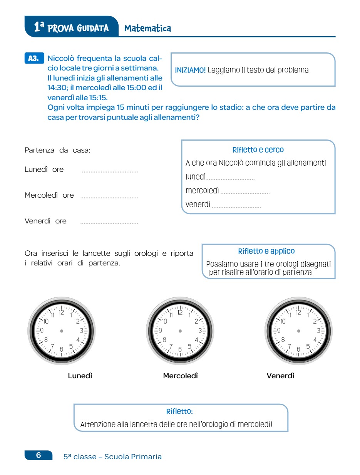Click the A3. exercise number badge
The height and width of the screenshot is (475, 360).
coord(33,59)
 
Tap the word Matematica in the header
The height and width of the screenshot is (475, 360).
coord(147,28)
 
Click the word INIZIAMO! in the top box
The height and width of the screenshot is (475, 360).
coord(190,70)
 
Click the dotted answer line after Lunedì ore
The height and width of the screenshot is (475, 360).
coord(109,171)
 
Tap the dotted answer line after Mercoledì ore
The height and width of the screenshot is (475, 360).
coord(109,197)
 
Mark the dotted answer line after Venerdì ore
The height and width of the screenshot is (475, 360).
coord(109,223)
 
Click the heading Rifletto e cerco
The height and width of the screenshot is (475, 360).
coord(258,150)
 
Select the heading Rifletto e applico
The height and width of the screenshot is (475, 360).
coord(266,251)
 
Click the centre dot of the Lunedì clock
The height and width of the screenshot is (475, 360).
coord(62,331)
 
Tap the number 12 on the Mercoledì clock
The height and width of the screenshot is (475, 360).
coord(180,312)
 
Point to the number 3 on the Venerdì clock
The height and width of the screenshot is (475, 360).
coord(318,331)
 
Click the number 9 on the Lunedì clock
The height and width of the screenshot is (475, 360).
coord(42,331)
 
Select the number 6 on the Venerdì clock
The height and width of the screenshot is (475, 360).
coord(298,349)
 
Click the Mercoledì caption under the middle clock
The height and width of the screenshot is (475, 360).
coord(180,376)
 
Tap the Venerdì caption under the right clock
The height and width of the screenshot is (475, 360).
coord(280,376)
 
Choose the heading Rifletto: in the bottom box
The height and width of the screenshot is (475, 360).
coord(179,412)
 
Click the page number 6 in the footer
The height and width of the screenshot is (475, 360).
coord(39,455)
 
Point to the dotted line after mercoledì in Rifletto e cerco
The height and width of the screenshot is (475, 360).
coord(245,192)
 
